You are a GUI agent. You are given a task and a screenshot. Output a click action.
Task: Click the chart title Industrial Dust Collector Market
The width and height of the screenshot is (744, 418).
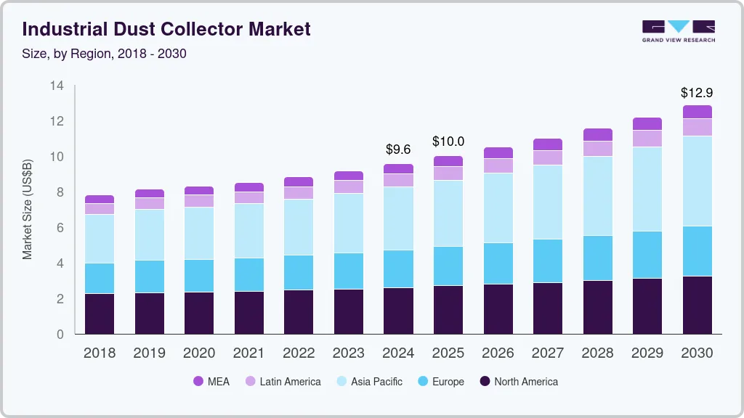[166, 29]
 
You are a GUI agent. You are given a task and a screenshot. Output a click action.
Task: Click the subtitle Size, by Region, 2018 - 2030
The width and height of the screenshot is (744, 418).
[105, 54]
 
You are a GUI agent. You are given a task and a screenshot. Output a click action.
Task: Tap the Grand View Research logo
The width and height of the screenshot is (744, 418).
[678, 31]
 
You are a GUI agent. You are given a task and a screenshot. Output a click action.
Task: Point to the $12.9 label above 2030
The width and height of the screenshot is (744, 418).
[697, 93]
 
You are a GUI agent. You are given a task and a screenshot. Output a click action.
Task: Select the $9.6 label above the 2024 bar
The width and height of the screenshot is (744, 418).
[398, 149]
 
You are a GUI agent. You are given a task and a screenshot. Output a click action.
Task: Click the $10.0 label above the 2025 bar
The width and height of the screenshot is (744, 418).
[448, 142]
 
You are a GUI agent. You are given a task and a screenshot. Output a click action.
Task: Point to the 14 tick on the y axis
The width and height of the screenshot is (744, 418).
[57, 86]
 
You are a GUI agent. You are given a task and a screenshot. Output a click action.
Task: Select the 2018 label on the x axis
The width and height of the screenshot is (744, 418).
[99, 353]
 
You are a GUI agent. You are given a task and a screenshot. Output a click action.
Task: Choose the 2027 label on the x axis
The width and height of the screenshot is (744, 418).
[548, 353]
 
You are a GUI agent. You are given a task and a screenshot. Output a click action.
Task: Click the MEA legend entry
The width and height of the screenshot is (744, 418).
[211, 382]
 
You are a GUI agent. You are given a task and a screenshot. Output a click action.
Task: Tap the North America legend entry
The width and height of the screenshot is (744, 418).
[518, 382]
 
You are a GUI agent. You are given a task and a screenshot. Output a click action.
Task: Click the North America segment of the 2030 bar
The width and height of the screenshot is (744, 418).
[697, 305]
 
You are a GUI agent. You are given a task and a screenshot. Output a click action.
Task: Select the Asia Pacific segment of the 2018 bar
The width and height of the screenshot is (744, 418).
[100, 239]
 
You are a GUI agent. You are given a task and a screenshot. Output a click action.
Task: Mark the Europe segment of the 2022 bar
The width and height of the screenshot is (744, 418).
[299, 272]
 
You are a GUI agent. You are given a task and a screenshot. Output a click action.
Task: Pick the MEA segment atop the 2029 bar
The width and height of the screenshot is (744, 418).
[647, 124]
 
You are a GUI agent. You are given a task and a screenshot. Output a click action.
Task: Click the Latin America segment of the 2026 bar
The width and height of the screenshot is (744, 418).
[498, 165]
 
